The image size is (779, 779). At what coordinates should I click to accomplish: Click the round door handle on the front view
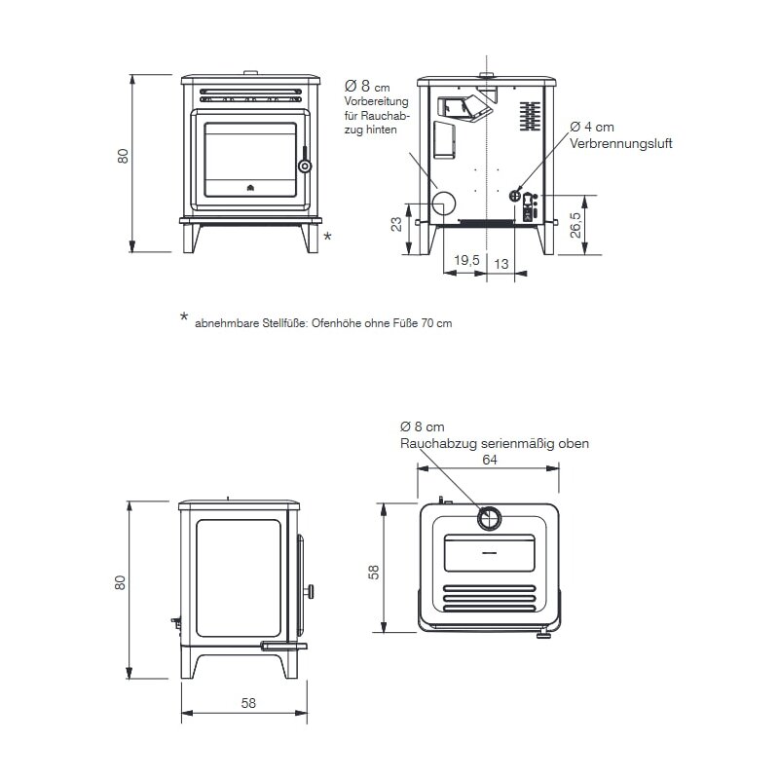coord(305,166)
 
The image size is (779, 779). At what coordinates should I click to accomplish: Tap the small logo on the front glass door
coord(250,188)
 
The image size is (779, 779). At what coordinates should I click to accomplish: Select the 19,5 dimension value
coord(466,260)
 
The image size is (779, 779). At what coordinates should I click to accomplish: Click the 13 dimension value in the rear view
coord(501,264)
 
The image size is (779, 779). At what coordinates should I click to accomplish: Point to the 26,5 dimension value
coord(575,225)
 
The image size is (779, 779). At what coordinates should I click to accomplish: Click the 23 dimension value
coord(396,224)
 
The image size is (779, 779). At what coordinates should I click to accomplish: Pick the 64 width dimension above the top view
coord(490,460)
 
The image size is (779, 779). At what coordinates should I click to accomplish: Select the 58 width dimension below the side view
coord(248,703)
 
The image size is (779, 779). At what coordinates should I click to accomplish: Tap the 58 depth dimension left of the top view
coord(373,572)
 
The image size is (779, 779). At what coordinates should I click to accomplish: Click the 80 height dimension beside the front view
coord(123,156)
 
